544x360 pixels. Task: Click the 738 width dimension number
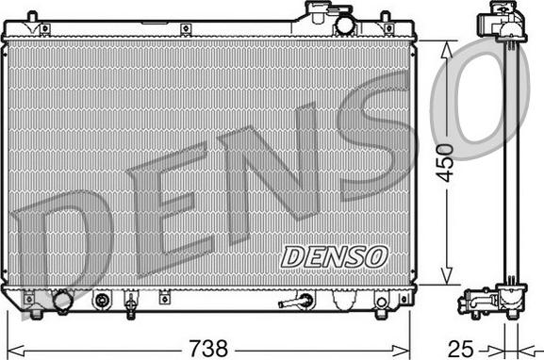208,348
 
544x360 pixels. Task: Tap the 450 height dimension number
445,163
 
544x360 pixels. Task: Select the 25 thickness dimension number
461,348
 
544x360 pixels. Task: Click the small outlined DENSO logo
334,257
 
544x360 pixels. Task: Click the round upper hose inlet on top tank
343,25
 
